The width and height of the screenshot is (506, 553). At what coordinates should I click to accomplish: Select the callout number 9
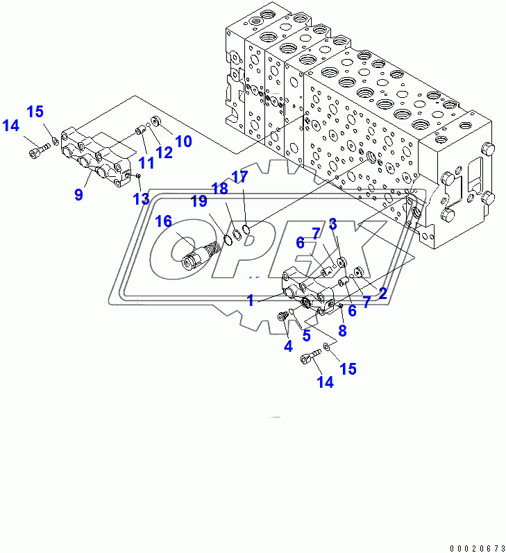click(x=78, y=195)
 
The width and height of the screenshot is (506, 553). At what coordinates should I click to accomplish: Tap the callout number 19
click(x=199, y=202)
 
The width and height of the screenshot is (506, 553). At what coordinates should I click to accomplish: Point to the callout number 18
click(x=220, y=189)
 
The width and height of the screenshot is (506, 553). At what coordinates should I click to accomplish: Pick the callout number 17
click(x=239, y=178)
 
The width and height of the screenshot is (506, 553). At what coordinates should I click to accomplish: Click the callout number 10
click(x=183, y=142)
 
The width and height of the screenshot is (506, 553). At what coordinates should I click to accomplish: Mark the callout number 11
click(x=146, y=163)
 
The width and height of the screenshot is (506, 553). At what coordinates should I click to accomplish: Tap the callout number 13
click(x=141, y=200)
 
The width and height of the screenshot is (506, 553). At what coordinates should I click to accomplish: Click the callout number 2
click(x=382, y=293)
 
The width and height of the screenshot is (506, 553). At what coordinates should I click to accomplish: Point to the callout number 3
click(x=333, y=223)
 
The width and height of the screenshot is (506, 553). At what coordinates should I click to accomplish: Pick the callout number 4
click(x=287, y=345)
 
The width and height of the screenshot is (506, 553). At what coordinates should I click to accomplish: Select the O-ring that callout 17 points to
click(x=246, y=230)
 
